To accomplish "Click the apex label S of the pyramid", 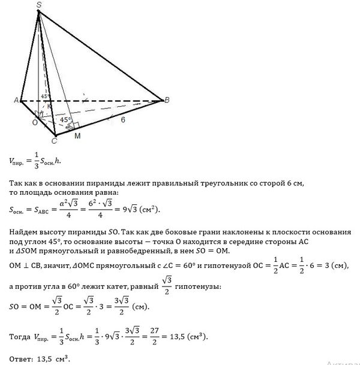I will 39,5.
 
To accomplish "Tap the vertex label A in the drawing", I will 16,101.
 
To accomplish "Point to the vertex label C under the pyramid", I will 53,141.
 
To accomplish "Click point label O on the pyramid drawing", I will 34,122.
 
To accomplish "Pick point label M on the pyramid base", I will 77,137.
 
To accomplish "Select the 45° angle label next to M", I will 65,119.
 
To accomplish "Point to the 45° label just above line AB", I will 43,95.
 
